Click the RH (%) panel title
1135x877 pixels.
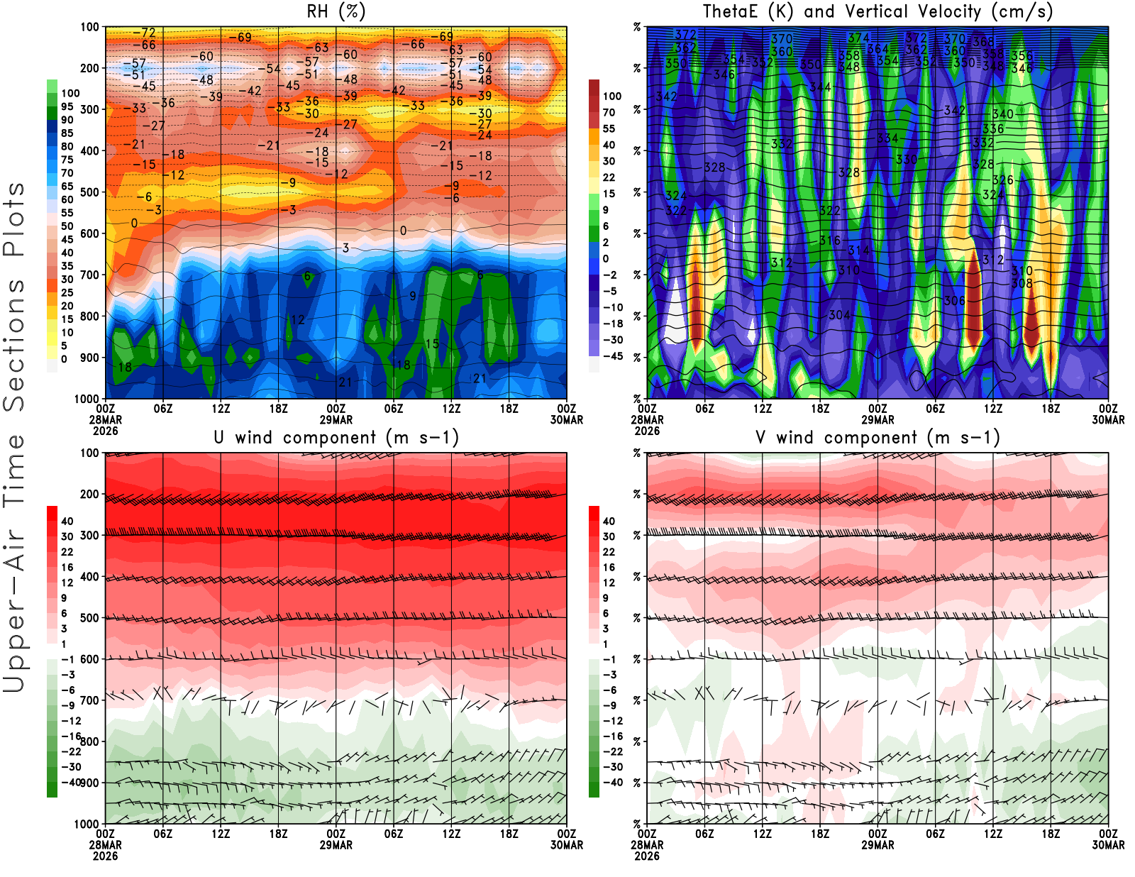click(336, 12)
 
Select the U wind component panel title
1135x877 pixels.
click(336, 438)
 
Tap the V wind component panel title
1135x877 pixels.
click(877, 438)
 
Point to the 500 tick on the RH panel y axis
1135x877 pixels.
click(89, 192)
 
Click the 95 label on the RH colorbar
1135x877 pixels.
click(67, 106)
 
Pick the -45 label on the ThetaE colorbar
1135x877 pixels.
click(613, 356)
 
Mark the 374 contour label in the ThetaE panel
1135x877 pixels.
click(858, 38)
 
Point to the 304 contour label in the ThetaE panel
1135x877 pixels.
click(839, 314)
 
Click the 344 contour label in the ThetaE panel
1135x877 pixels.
click(820, 87)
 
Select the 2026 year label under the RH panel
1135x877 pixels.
click(105, 431)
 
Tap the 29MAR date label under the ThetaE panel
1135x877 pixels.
click(877, 420)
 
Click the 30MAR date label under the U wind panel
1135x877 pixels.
click(567, 845)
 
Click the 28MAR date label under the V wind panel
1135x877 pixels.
click(647, 845)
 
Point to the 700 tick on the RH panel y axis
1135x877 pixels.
click(89, 275)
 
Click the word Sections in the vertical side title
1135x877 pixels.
click(14, 345)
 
